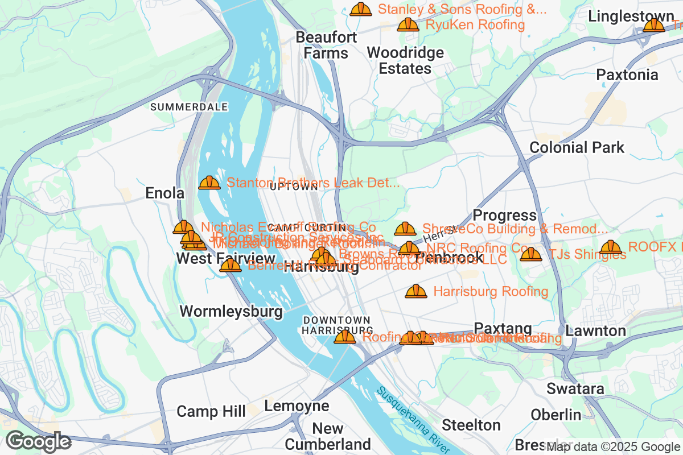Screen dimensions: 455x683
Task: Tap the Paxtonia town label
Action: point(627,75)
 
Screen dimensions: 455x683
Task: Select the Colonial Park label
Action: point(577,147)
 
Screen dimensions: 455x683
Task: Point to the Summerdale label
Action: point(189,107)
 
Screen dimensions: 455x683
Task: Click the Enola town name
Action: point(165,193)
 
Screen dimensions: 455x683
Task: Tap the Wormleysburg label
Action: point(231,311)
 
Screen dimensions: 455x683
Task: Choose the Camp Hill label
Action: point(211,411)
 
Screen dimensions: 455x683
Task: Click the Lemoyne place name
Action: point(297,406)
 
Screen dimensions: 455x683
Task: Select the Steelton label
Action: point(471,425)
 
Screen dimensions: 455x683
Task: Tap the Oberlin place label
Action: point(556,415)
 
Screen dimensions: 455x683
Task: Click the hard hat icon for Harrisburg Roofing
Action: point(416,292)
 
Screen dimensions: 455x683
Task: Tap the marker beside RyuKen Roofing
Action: point(408,24)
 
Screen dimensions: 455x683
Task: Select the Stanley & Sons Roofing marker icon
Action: point(361,10)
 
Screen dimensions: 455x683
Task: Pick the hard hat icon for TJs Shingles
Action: point(531,254)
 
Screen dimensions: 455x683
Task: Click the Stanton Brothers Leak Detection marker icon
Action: point(209,183)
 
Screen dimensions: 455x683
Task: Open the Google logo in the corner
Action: point(38,441)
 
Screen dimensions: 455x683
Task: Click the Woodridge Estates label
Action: point(405,61)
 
